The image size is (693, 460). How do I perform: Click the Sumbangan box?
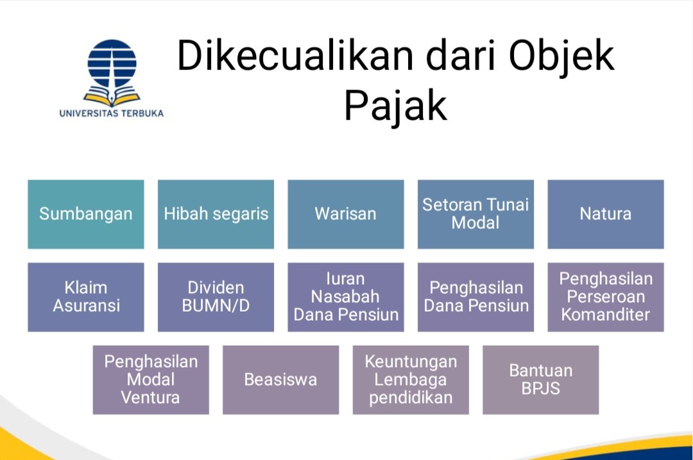pyautogui.click(x=86, y=214)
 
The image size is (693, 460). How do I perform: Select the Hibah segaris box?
pyautogui.click(x=216, y=214)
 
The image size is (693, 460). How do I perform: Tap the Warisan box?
pyautogui.click(x=345, y=214)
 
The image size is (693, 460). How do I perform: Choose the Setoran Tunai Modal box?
pyautogui.click(x=475, y=214)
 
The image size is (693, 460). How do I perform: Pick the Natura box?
pyautogui.click(x=605, y=214)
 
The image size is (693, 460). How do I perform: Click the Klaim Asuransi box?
pyautogui.click(x=86, y=297)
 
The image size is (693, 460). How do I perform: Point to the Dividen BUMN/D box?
pyautogui.click(x=216, y=297)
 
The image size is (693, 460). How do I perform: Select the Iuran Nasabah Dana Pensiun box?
pyautogui.click(x=345, y=297)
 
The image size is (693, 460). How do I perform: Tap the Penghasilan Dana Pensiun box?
pyautogui.click(x=475, y=297)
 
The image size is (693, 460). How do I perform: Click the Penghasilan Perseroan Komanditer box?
pyautogui.click(x=605, y=297)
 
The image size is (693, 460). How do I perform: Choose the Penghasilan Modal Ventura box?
pyautogui.click(x=151, y=380)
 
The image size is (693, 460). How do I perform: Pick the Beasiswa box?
pyautogui.click(x=280, y=380)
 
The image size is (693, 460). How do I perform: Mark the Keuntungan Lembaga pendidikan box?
pyautogui.click(x=411, y=380)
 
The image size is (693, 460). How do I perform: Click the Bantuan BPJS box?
pyautogui.click(x=540, y=380)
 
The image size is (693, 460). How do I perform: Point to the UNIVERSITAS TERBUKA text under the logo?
pyautogui.click(x=112, y=114)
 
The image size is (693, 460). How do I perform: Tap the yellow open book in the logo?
pyautogui.click(x=112, y=98)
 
